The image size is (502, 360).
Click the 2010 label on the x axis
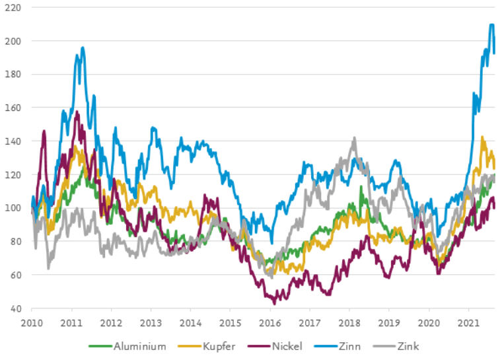(32, 323)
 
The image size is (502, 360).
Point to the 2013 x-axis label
(151, 323)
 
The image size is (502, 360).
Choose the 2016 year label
(270, 323)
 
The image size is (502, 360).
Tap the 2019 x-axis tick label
(389, 323)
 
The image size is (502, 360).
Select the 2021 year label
(468, 323)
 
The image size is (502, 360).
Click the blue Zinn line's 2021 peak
(492, 25)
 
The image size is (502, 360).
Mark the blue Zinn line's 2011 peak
(83, 48)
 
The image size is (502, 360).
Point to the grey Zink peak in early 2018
(354, 138)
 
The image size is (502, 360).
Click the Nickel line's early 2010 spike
(44, 131)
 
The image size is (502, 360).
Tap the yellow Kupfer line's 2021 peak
(483, 137)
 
